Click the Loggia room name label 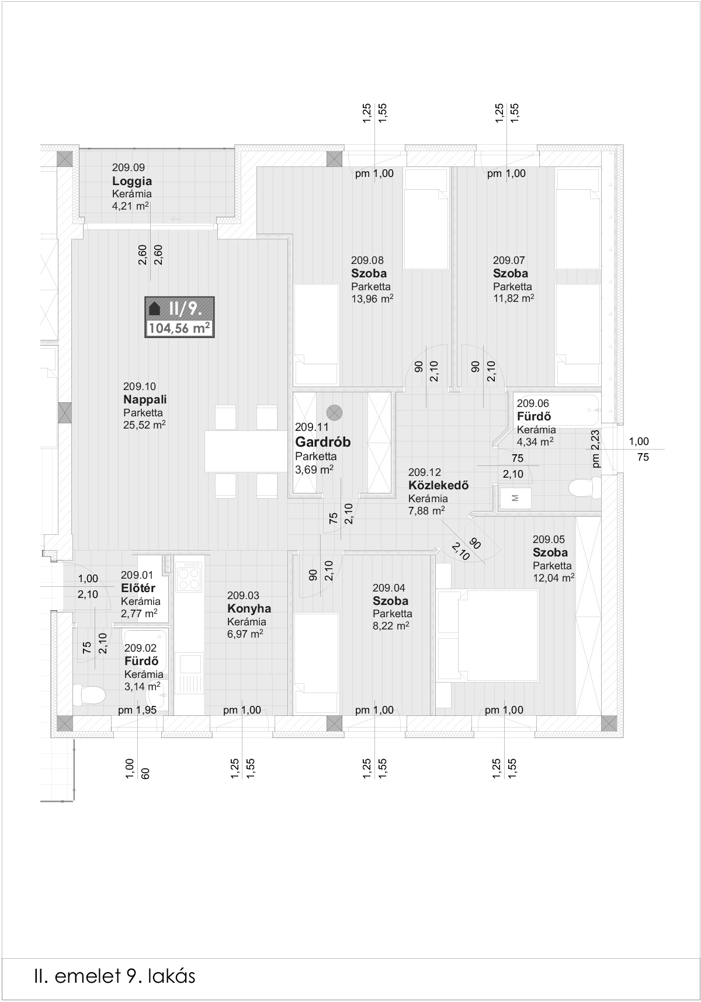(x=132, y=181)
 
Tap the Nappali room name (x=145, y=399)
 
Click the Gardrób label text (x=322, y=442)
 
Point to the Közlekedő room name (x=438, y=485)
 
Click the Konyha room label (x=249, y=608)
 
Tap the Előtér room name (x=138, y=589)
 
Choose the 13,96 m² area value (x=372, y=300)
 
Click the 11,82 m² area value (x=513, y=298)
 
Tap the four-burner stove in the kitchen (x=189, y=577)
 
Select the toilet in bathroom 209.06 (x=585, y=488)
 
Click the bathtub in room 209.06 (x=558, y=410)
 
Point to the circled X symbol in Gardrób (x=334, y=412)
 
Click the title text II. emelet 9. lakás (x=114, y=976)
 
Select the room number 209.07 (x=509, y=260)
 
